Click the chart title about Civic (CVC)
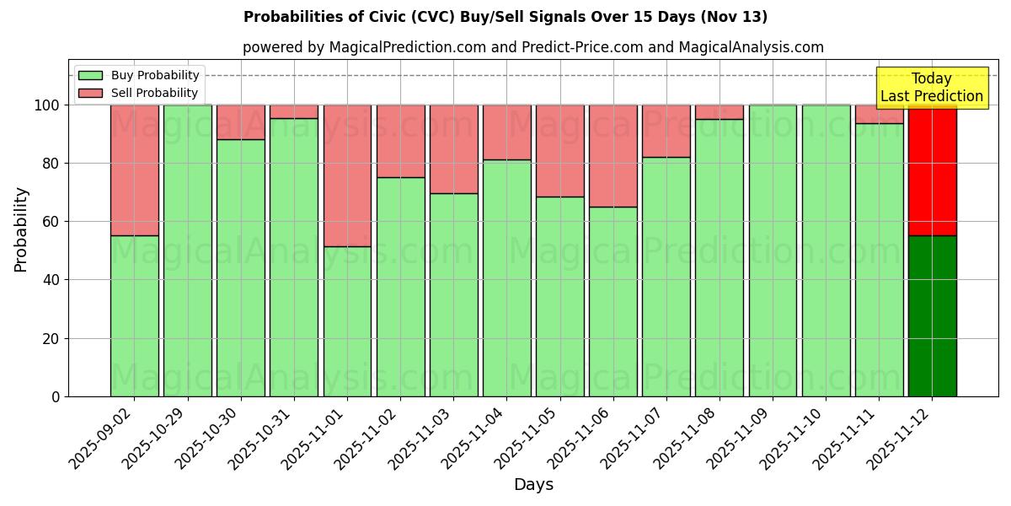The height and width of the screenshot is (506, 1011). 505,17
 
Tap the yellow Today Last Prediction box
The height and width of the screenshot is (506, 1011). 931,88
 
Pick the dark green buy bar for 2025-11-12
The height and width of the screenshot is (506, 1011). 932,316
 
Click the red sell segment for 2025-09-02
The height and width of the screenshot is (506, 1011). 135,169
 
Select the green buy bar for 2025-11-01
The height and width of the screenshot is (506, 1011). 347,320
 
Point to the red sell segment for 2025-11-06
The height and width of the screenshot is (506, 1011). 613,155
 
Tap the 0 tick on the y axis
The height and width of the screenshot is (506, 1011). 56,396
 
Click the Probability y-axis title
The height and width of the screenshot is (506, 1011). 21,229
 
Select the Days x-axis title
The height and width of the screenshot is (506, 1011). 533,485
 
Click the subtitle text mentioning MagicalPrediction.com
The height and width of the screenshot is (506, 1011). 533,47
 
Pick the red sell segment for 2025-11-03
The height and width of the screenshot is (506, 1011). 454,148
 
